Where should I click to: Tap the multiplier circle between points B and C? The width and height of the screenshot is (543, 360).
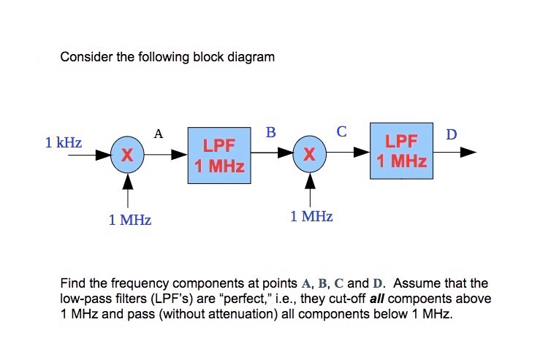[310, 155]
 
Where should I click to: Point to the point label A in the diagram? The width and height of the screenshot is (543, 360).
[158, 134]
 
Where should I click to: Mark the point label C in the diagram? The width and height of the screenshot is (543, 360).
[341, 131]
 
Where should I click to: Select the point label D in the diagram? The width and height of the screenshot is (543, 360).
[451, 134]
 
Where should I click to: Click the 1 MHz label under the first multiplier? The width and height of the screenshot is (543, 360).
[130, 220]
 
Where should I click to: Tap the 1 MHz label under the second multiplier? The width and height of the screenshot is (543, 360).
[311, 217]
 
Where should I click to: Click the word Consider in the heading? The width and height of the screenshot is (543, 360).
[83, 57]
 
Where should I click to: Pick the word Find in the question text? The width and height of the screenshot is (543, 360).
[72, 283]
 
